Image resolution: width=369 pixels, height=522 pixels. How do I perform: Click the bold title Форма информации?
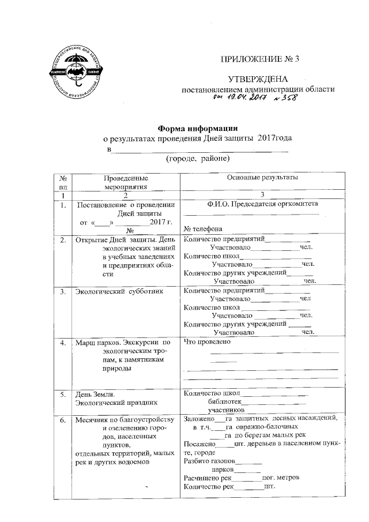point(198,128)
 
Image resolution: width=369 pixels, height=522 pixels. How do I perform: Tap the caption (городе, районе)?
point(198,158)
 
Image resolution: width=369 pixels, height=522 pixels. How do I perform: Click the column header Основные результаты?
point(262,178)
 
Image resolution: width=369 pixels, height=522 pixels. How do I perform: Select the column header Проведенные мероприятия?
point(126,182)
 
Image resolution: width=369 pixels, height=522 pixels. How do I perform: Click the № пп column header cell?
point(62,182)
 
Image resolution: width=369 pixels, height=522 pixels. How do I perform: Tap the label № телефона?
point(203,228)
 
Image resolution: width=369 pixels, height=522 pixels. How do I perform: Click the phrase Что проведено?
point(206,342)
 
